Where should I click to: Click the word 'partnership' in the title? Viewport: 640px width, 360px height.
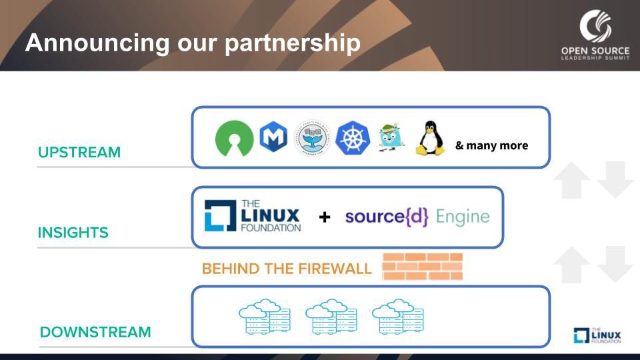[x=292, y=43]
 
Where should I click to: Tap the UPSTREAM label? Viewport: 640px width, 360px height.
[x=79, y=152]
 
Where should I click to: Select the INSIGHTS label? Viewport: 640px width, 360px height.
[x=73, y=233]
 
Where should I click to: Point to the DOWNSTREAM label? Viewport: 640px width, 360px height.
[x=95, y=332]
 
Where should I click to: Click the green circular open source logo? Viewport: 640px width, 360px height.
[x=234, y=139]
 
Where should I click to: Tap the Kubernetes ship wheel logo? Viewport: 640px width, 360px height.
[x=353, y=139]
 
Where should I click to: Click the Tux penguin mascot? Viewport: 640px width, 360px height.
[x=430, y=138]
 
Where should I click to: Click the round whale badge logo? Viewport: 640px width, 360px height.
[x=313, y=139]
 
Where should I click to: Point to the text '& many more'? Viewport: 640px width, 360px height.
[x=491, y=145]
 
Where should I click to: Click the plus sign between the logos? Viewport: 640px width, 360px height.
[x=325, y=217]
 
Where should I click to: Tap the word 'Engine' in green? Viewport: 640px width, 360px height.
[x=463, y=217]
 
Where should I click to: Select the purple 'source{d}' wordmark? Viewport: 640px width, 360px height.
[x=387, y=217]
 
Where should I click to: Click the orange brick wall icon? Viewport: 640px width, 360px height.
[x=422, y=267]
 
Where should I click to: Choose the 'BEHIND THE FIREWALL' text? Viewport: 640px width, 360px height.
[x=287, y=269]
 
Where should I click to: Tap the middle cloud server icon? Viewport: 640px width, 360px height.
[x=331, y=316]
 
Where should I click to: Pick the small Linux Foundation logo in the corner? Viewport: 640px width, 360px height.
[x=597, y=335]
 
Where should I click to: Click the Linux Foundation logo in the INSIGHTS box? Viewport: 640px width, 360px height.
[x=253, y=215]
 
